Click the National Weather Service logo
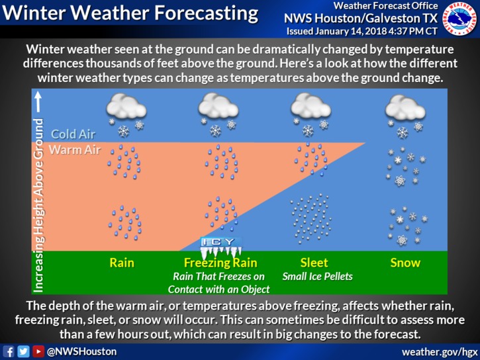tap(459, 19)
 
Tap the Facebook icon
tap(9, 351)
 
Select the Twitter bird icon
tap(23, 351)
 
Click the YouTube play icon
tap(38, 351)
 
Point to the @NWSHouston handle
tap(81, 351)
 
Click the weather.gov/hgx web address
tap(440, 352)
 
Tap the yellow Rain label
tap(122, 263)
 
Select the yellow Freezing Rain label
tap(220, 263)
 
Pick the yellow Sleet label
tap(314, 263)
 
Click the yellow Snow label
tap(405, 263)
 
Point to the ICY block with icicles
tap(220, 247)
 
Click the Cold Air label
tap(73, 134)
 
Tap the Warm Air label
tap(75, 150)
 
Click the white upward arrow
tap(38, 102)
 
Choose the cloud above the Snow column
tap(405, 107)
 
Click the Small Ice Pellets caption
tap(317, 277)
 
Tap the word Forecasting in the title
tap(207, 13)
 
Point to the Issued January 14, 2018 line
tap(362, 32)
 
